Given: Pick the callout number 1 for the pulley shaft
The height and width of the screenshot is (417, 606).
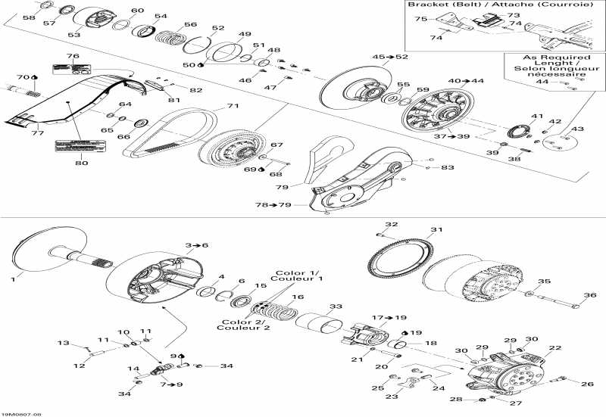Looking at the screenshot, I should coord(12,279).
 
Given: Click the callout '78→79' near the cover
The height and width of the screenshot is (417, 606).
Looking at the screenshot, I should coord(272,205).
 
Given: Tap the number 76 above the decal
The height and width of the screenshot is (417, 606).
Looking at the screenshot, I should coord(73,56).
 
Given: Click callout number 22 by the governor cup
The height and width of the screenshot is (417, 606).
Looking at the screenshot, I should coord(555,347).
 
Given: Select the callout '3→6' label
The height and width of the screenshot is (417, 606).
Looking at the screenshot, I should coord(196,245).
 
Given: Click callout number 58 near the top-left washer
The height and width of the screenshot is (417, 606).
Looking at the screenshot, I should coord(28,17).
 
